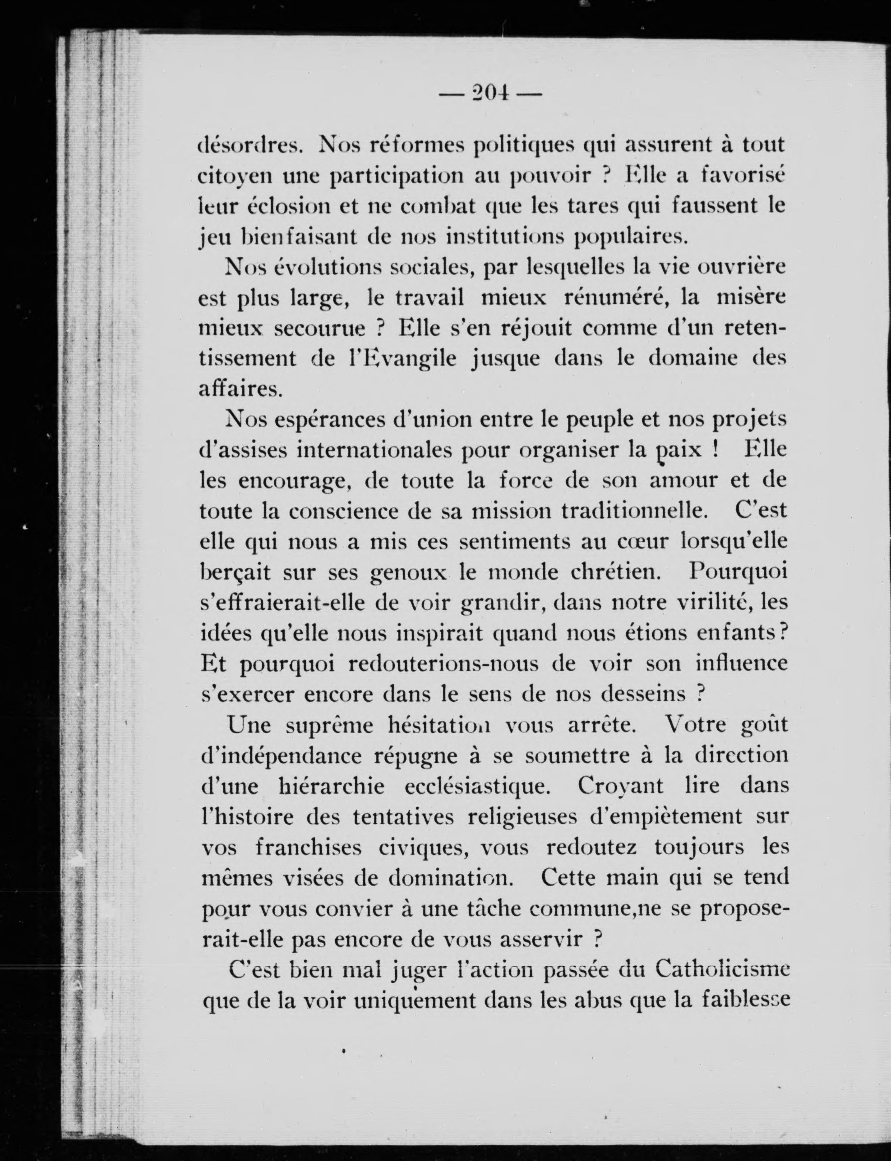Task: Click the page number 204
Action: pyautogui.click(x=489, y=94)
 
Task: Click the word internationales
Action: pyautogui.click(x=374, y=450)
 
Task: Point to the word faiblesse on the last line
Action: pyautogui.click(x=746, y=1001)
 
